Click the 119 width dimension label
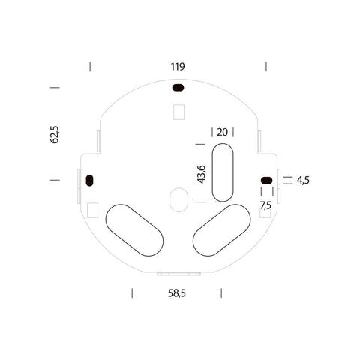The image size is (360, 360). pos(178,67)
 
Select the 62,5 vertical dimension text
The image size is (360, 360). pos(55,134)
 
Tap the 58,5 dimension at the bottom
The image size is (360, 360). pos(177,293)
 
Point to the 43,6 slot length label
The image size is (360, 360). pos(202,174)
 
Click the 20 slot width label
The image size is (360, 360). pos(223,132)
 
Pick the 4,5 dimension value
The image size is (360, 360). pos(303,180)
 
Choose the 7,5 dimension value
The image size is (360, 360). pos(265,205)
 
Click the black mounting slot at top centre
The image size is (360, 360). pos(178,88)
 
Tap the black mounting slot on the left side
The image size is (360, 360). pos(89,181)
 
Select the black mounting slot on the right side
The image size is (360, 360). pos(266,180)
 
